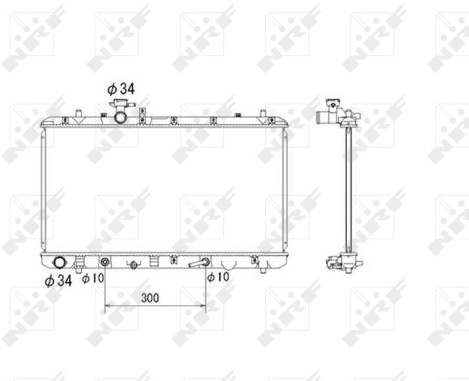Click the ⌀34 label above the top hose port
[121, 89]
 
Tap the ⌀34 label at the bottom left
[58, 280]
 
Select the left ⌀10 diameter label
[93, 278]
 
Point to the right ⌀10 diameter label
[218, 277]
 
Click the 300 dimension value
[150, 298]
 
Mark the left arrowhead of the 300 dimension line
[107, 306]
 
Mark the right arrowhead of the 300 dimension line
[204, 306]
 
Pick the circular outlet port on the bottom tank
[59, 262]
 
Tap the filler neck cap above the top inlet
[122, 104]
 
